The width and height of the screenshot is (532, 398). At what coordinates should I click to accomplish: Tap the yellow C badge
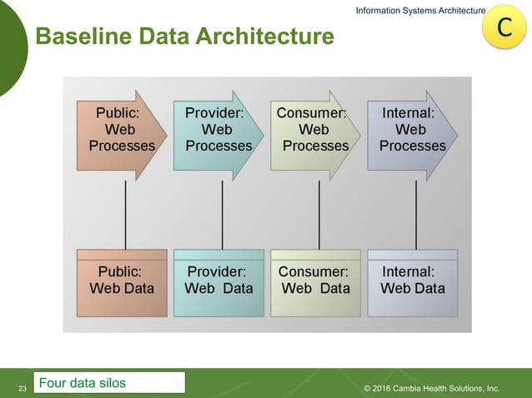coord(504,27)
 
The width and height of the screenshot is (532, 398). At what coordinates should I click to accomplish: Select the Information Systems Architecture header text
coord(420,10)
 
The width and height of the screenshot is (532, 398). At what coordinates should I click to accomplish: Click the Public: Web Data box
coord(122,281)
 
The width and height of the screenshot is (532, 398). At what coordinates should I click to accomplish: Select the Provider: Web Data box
coord(218,281)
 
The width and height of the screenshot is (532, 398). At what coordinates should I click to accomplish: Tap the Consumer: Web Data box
coord(315,281)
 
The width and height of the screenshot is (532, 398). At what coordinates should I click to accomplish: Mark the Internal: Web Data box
coord(412,281)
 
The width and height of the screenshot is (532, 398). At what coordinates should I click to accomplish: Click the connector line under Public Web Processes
coord(125,215)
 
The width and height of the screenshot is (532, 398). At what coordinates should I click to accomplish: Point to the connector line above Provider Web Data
coord(222,215)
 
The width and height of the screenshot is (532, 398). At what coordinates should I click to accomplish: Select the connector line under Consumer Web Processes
coord(319,215)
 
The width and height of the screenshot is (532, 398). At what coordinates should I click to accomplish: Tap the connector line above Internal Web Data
coord(415,215)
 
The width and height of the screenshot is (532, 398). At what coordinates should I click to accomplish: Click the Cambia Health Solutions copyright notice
coord(432,388)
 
